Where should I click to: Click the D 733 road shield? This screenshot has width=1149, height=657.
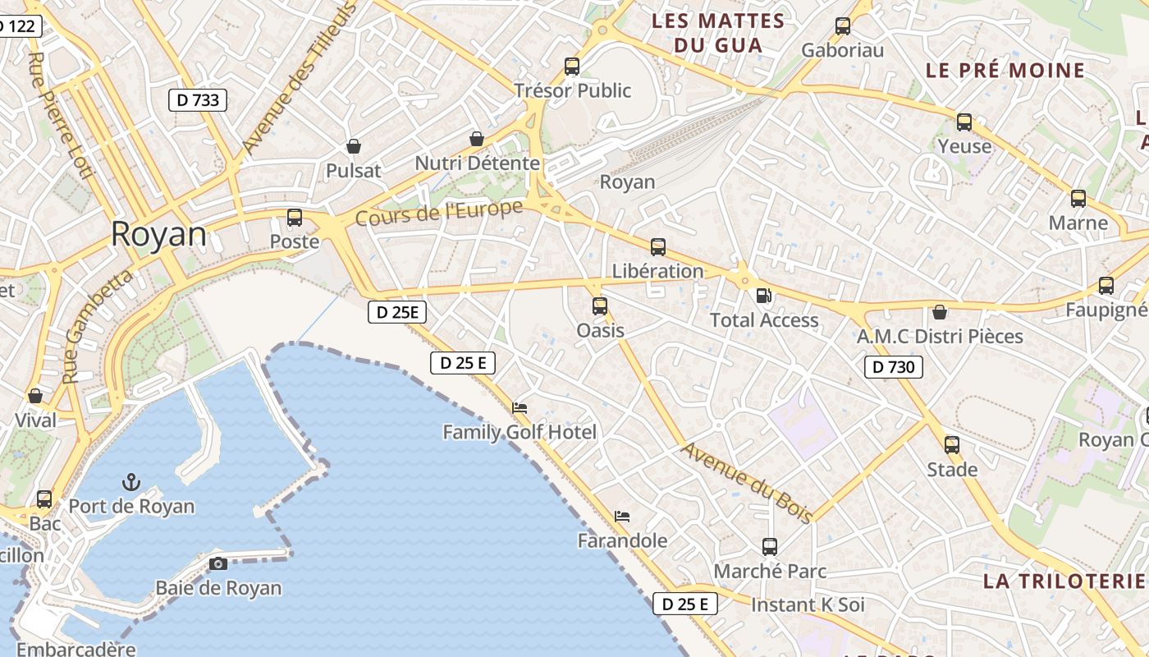[x=198, y=100]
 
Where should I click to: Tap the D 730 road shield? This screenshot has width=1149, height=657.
[x=893, y=366]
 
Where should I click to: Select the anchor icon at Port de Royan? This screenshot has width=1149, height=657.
[x=131, y=482]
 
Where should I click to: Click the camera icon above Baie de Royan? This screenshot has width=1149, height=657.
[x=218, y=563]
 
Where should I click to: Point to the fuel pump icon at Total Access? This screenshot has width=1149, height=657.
[x=763, y=296]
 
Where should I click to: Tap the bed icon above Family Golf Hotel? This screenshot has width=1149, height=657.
[x=520, y=407]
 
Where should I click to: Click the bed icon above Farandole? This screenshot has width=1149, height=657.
[x=622, y=517]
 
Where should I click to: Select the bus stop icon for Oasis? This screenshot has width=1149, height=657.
[x=600, y=306]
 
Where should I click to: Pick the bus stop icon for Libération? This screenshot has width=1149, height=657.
[x=657, y=246]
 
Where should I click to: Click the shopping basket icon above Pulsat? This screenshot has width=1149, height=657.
[x=354, y=146]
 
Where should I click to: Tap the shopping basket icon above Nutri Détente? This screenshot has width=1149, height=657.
[x=477, y=139]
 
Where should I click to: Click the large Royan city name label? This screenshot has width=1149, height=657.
[x=158, y=234]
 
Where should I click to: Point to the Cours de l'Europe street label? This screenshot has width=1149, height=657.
[x=439, y=214]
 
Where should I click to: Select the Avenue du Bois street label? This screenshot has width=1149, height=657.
[x=747, y=483]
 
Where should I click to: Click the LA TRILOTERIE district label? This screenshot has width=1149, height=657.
[x=1064, y=581]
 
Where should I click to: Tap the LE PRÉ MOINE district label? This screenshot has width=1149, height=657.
[x=1005, y=71]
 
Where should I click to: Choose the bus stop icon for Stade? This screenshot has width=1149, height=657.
[x=952, y=445]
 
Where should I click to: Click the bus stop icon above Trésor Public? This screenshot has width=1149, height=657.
[x=572, y=67]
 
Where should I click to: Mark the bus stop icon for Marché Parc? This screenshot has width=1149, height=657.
[x=770, y=546]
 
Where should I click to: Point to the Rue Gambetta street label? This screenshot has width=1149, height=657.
[x=97, y=327]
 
